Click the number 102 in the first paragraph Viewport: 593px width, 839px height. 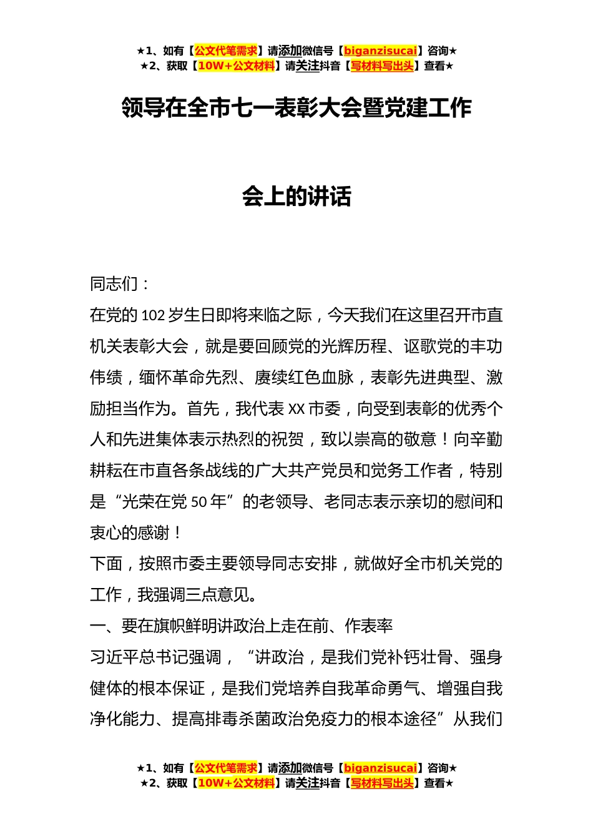coord(154,315)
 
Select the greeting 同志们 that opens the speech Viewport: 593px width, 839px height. coord(114,284)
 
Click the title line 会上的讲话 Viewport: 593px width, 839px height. coord(296,197)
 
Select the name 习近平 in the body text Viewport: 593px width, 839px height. coord(114,657)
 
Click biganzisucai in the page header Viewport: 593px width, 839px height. coord(380,51)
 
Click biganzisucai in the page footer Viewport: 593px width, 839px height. coord(380,768)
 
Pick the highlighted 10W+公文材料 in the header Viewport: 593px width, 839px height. coord(236,66)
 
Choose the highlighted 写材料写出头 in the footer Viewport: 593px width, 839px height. coord(382,783)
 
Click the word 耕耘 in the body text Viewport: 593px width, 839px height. coord(106,471)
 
